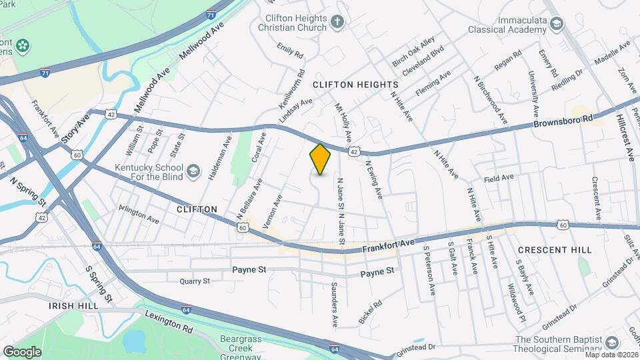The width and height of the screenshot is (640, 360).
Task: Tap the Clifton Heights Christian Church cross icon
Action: point(337,22)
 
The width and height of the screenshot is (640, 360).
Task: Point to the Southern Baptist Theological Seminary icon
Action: point(611,343)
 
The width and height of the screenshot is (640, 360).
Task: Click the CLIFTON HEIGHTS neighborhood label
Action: point(355,85)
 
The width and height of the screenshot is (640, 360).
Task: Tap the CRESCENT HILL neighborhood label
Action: point(554,249)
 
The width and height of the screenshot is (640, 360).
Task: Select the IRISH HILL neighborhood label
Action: point(73,305)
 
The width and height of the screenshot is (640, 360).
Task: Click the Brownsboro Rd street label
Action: point(563,121)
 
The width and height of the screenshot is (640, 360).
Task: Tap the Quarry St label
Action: point(195,281)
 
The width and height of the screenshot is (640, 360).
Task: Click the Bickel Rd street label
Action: point(370,312)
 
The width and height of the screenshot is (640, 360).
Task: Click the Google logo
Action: point(22,351)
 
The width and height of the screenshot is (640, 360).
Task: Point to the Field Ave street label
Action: point(499,178)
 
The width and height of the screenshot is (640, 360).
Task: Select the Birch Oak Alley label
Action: point(413,51)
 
